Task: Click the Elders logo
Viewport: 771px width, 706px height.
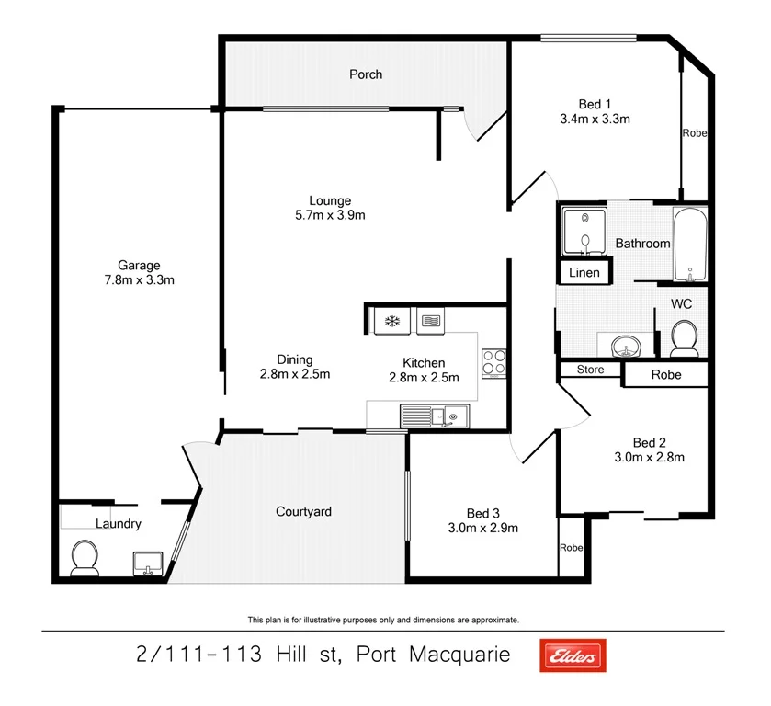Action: tap(573, 655)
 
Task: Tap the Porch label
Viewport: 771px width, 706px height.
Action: tap(366, 74)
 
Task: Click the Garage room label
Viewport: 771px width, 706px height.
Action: tap(138, 266)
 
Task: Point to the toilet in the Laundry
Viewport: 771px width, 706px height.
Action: tap(85, 557)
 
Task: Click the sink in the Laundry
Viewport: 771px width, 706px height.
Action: tap(147, 561)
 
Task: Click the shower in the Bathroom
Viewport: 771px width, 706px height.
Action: tap(584, 231)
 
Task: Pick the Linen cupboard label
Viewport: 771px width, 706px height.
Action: tap(584, 273)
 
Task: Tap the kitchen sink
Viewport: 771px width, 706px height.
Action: tap(452, 417)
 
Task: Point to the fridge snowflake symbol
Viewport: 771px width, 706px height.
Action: tap(391, 321)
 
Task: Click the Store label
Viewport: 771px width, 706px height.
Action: tap(590, 370)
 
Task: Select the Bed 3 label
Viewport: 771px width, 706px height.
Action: tap(483, 513)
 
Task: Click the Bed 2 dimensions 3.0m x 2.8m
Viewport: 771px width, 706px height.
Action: tap(649, 456)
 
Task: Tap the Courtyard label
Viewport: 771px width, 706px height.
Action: tap(303, 511)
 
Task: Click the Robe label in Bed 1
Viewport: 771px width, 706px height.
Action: tap(694, 133)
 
